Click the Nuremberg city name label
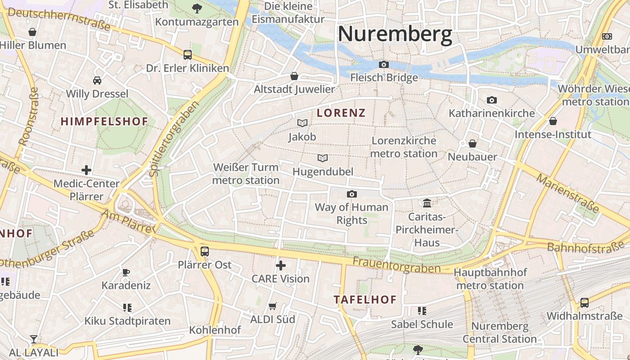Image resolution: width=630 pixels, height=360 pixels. (x=395, y=34)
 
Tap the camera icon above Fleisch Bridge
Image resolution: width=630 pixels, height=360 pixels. (x=384, y=65)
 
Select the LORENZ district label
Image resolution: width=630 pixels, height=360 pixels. (x=341, y=113)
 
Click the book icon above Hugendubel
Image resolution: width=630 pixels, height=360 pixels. (x=323, y=158)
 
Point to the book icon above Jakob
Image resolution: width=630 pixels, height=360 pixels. (x=302, y=123)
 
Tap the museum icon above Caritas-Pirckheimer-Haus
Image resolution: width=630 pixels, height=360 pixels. (x=427, y=203)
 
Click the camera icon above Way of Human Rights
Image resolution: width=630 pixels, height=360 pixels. (x=352, y=194)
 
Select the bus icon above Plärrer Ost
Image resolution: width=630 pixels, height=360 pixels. (x=205, y=251)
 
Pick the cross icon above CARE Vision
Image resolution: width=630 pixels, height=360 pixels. (x=281, y=265)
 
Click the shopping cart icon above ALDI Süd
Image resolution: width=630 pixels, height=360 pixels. (x=272, y=306)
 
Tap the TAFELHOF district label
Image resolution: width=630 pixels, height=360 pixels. (x=365, y=300)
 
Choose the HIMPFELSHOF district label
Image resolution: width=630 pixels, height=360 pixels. (x=104, y=121)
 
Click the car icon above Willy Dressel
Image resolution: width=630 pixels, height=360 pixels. (x=97, y=81)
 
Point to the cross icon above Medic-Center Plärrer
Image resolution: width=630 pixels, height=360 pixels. (x=86, y=170)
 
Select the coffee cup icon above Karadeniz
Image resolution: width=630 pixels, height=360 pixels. (x=126, y=272)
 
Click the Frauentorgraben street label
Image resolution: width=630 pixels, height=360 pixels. (x=396, y=265)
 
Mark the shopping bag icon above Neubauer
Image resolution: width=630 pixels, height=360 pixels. (x=472, y=144)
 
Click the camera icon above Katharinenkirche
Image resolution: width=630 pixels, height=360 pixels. (x=492, y=100)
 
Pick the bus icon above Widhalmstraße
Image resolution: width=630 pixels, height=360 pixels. (x=585, y=302)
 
